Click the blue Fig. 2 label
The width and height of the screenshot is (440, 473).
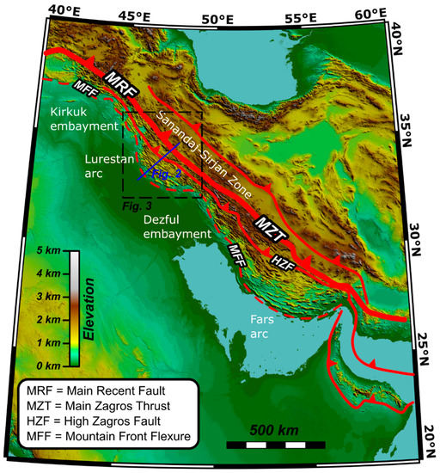[x=168, y=173]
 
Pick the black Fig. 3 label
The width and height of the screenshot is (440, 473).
[x=136, y=206]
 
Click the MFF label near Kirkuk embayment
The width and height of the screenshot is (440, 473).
[x=84, y=89]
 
